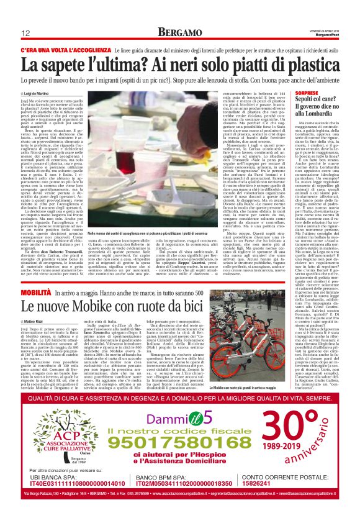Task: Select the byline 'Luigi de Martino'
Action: coord(42,93)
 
